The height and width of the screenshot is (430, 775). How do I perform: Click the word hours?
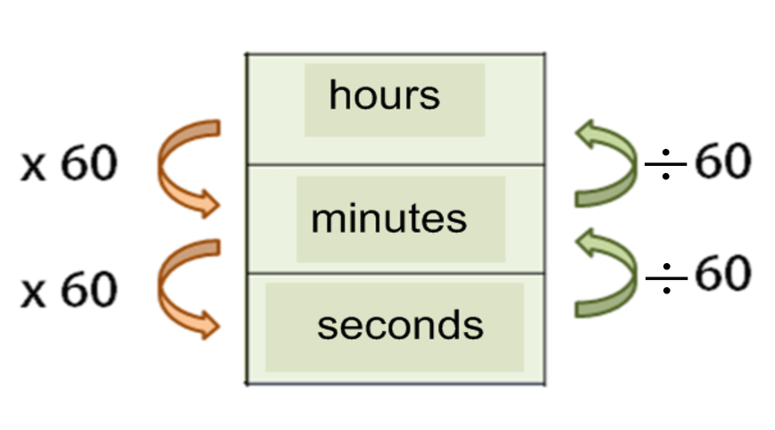coord(384,95)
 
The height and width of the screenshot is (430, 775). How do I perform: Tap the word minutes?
coord(388,218)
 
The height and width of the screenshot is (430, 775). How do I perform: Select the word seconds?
coord(400,326)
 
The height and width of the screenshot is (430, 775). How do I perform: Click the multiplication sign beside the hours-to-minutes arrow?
coord(33,168)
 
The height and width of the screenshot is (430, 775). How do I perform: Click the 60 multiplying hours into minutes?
coord(88,166)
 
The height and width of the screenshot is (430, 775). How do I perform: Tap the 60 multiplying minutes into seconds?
coord(88,289)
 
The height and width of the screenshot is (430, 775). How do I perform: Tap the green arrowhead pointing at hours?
coord(587,136)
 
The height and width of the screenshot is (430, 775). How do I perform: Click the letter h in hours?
coord(337,95)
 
